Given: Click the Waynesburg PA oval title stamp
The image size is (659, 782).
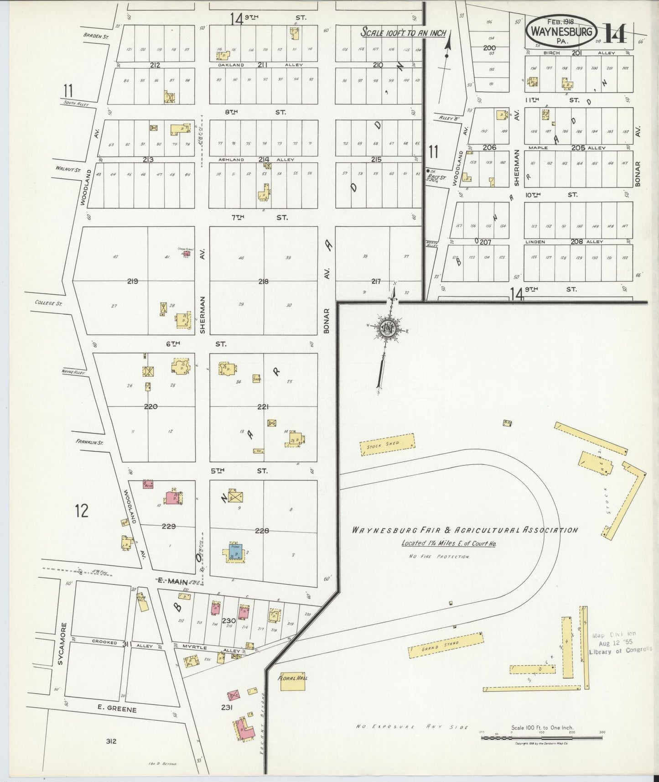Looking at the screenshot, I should [x=561, y=31].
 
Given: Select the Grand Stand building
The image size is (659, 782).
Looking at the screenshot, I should [x=446, y=645].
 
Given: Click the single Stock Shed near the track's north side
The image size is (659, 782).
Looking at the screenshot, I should [x=388, y=444].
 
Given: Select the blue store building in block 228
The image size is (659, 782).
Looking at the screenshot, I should [x=235, y=552].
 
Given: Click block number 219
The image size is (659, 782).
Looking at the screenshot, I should [x=133, y=282].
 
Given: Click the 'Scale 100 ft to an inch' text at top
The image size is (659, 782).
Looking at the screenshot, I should [x=403, y=32].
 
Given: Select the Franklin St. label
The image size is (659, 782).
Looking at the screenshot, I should [x=89, y=442].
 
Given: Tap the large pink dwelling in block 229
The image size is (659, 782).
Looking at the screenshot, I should [x=172, y=497].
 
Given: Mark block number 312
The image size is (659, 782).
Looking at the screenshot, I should [x=111, y=741].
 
